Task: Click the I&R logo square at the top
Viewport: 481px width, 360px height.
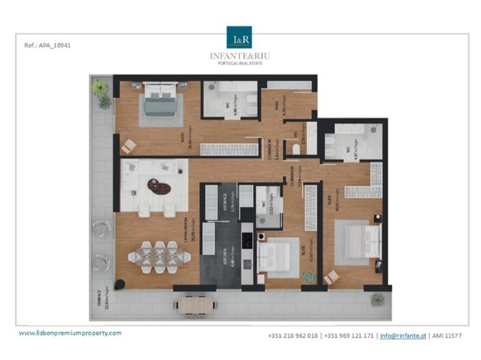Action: [239, 37]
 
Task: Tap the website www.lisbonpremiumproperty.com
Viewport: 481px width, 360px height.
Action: [70, 333]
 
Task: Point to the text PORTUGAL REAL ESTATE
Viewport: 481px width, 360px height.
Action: [239, 63]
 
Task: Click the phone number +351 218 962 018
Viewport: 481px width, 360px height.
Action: [293, 335]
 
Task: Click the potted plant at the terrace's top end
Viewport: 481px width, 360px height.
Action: [100, 88]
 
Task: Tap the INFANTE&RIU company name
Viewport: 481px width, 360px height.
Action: [239, 55]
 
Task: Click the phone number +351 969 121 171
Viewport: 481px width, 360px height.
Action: [349, 335]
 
